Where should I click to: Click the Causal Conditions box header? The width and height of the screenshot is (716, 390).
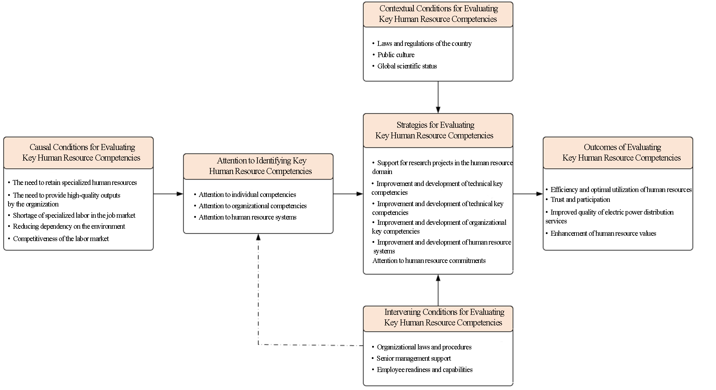tap(78, 153)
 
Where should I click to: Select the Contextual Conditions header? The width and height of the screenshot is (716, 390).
tap(438, 14)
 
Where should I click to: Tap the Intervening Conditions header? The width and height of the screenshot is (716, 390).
tap(438, 319)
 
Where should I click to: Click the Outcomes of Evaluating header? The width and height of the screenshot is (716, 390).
tap(618, 153)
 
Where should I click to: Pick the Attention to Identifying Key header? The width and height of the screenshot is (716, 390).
tap(258, 166)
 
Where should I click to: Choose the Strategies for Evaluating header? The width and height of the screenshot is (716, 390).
tap(438, 131)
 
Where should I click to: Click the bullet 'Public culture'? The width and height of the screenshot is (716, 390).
tap(396, 55)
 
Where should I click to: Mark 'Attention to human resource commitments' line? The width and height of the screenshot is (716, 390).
tap(429, 260)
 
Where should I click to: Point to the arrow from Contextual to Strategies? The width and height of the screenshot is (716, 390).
tap(438, 97)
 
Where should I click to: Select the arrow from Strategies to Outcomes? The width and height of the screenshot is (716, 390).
tap(528, 194)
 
